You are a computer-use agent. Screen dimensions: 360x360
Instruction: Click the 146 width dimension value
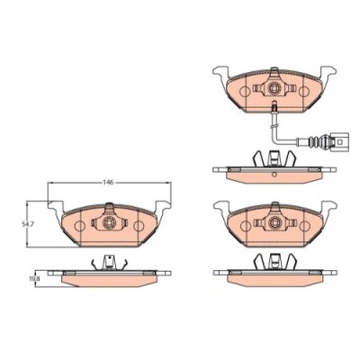[x=108, y=183]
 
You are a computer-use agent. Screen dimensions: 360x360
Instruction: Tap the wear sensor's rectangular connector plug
[x=338, y=141]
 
